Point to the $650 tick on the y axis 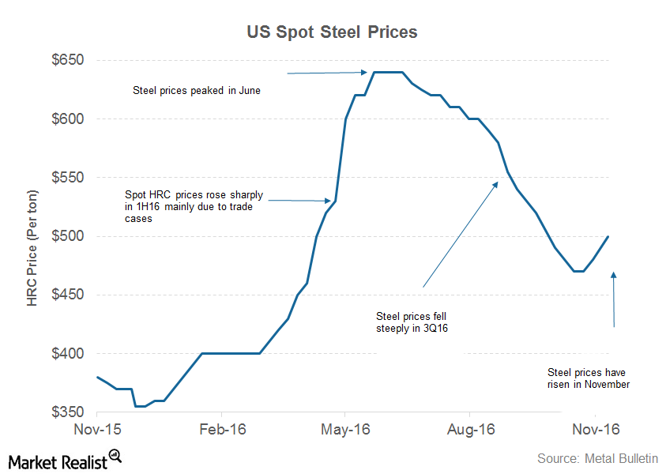pos(68,61)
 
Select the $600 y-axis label pos(68,119)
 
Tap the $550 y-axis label pos(68,178)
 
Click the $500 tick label pos(68,236)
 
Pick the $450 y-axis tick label pos(68,295)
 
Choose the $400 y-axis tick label pos(68,354)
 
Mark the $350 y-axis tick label pos(68,412)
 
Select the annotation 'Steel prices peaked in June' pos(197,91)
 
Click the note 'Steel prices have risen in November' pos(589,378)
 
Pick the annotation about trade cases pos(194,207)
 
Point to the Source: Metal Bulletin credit pos(596,458)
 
